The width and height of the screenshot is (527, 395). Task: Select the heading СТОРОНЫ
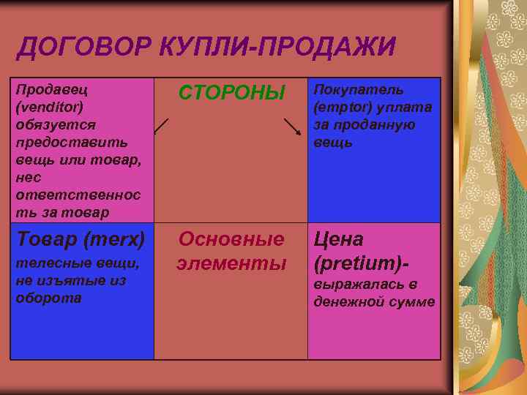click(x=231, y=93)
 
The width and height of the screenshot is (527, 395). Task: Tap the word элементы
click(x=231, y=263)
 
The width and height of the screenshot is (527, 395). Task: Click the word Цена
click(x=339, y=238)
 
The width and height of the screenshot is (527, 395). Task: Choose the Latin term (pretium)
click(x=358, y=262)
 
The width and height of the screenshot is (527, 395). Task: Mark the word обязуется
click(x=50, y=124)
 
